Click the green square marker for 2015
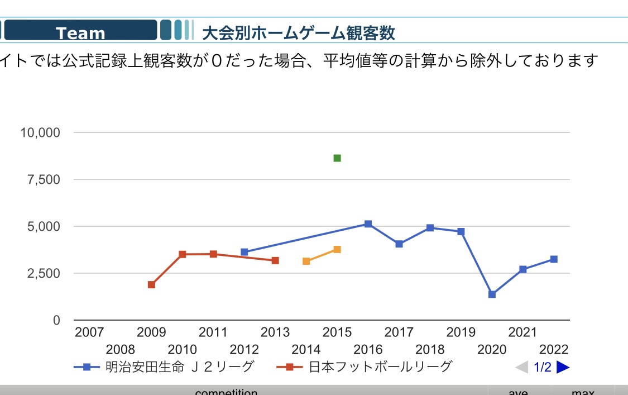[x=337, y=158]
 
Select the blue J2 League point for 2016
[x=368, y=224]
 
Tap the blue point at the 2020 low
[x=492, y=294]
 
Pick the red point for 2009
[x=151, y=285]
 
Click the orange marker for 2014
[x=306, y=261]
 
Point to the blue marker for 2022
[x=554, y=259]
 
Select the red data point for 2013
[x=275, y=260]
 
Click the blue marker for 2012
[x=244, y=252]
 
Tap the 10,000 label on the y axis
[x=40, y=133]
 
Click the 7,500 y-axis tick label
[x=44, y=180]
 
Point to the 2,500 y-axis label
[x=44, y=274]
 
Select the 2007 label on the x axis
[x=89, y=332]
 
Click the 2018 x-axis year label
[x=430, y=350]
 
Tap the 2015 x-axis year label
[x=337, y=332]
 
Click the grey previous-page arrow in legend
[x=521, y=367]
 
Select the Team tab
[x=80, y=32]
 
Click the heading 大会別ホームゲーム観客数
[x=298, y=33]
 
